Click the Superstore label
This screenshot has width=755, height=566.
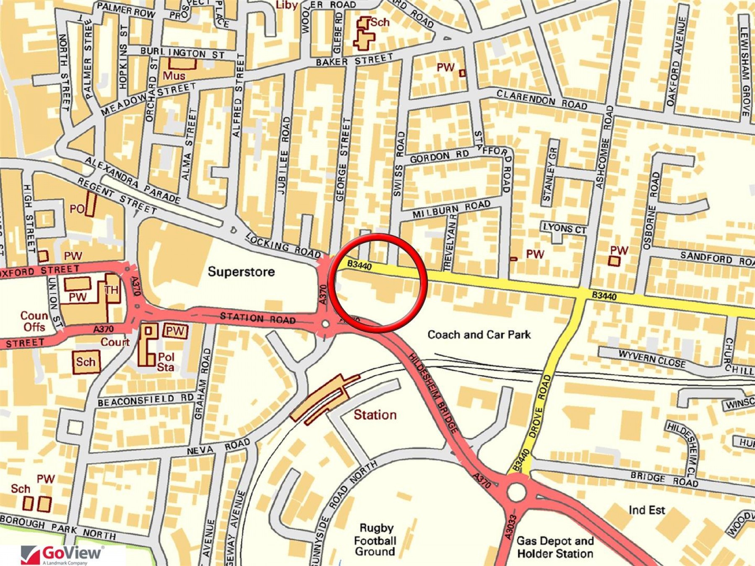pyautogui.click(x=241, y=272)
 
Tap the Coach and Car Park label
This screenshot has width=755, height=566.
pyautogui.click(x=479, y=335)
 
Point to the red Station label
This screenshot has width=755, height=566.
pyautogui.click(x=375, y=415)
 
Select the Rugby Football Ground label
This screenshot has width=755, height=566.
pyautogui.click(x=376, y=540)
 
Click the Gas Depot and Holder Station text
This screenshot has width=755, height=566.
pyautogui.click(x=555, y=547)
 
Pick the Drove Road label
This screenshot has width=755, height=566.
pyautogui.click(x=540, y=407)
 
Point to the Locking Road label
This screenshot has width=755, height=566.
pyautogui.click(x=283, y=246)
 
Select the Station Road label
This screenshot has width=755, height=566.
pyautogui.click(x=258, y=318)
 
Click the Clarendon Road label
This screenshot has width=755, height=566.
pyautogui.click(x=542, y=100)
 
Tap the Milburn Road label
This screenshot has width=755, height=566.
pyautogui.click(x=451, y=209)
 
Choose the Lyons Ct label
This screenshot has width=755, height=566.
pyautogui.click(x=565, y=228)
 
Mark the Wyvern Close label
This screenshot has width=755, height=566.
pyautogui.click(x=652, y=359)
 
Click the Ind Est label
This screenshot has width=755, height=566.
pyautogui.click(x=647, y=510)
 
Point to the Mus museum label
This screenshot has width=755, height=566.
pyautogui.click(x=174, y=76)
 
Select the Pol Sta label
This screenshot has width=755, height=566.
pyautogui.click(x=166, y=362)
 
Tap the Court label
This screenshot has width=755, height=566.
pyautogui.click(x=115, y=342)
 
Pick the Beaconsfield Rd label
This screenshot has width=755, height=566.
pyautogui.click(x=146, y=400)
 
